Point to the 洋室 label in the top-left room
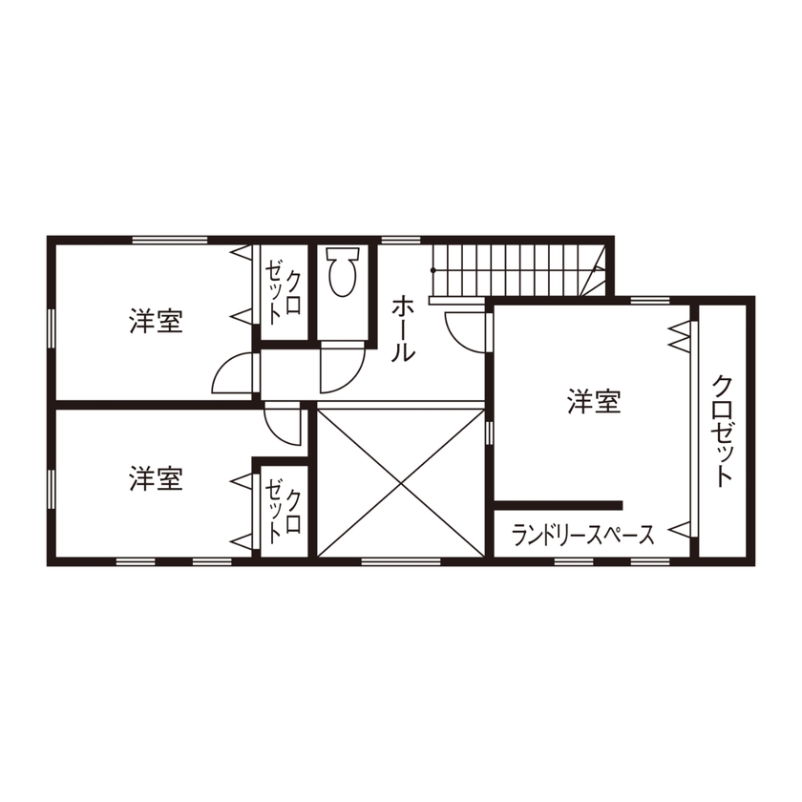(157, 321)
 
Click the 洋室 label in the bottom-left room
(157, 477)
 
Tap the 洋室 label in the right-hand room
(594, 402)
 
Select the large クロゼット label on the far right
(723, 430)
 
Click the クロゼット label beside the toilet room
(285, 292)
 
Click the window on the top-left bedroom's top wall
(170, 239)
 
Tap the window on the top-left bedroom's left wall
(51, 325)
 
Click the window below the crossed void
(400, 560)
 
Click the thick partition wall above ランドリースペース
(559, 505)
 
